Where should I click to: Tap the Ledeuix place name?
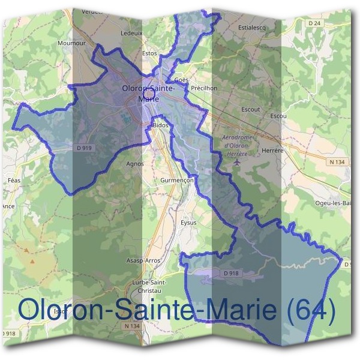(x=131, y=33)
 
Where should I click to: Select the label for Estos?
(x=149, y=53)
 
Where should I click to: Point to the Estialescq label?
(x=252, y=28)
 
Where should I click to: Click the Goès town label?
(x=181, y=80)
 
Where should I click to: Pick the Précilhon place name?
(x=203, y=88)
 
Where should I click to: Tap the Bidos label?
(x=161, y=125)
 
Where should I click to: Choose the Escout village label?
(x=250, y=110)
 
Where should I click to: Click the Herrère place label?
(x=272, y=151)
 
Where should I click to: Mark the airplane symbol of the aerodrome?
(x=238, y=161)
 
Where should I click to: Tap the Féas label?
(x=13, y=180)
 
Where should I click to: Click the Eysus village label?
(x=188, y=223)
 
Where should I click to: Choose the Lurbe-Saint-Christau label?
(x=149, y=286)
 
